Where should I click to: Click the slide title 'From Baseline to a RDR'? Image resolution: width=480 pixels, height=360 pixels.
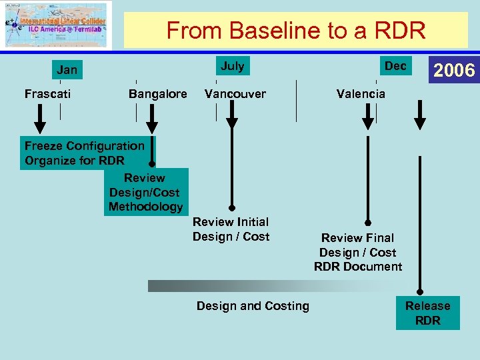295,30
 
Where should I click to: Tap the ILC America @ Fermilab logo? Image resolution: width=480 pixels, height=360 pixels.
56,25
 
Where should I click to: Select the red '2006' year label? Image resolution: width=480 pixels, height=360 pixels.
454,70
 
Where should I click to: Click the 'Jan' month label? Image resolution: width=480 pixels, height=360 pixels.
67,69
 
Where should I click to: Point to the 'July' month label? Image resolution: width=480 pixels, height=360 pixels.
232,65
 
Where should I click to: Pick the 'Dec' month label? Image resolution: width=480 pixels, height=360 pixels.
395,65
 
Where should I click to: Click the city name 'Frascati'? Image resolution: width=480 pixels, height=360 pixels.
47,94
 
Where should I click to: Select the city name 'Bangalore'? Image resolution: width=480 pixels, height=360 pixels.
157,94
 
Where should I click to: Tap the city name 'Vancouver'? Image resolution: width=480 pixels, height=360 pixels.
235,94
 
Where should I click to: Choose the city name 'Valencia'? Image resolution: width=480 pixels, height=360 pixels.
361,94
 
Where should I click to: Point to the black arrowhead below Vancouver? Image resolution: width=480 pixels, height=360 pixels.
232,122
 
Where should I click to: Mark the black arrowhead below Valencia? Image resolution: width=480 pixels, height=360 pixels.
368,122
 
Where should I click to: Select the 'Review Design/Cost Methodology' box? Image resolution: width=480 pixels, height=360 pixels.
145,192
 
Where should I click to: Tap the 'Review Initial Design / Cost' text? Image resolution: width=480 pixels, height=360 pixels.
231,229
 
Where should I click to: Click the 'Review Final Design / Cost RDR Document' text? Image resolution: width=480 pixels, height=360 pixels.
358,252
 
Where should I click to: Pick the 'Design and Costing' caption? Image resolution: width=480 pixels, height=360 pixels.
253,306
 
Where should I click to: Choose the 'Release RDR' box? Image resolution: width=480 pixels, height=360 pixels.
427,313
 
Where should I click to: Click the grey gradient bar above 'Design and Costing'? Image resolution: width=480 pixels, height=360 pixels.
267,286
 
